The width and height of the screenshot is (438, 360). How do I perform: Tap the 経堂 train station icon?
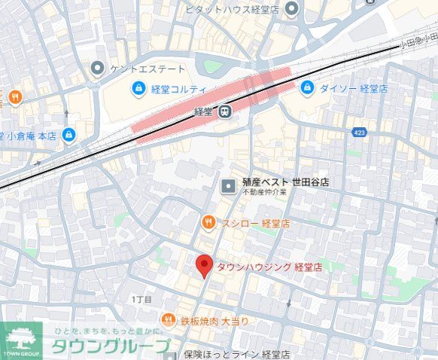[224, 111]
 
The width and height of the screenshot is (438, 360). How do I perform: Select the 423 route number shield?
[360, 133]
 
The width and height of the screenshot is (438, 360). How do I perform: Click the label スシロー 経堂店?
[255, 223]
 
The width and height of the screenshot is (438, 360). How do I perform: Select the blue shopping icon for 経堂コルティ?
[138, 90]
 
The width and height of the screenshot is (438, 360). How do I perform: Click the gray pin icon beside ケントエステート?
[96, 69]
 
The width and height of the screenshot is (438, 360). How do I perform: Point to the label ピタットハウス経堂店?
[234, 9]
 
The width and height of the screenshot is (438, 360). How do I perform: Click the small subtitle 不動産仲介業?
[263, 194]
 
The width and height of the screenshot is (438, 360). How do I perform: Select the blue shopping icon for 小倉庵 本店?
[69, 135]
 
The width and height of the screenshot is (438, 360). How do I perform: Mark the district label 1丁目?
[141, 300]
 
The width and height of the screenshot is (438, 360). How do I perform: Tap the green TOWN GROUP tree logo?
[21, 339]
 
